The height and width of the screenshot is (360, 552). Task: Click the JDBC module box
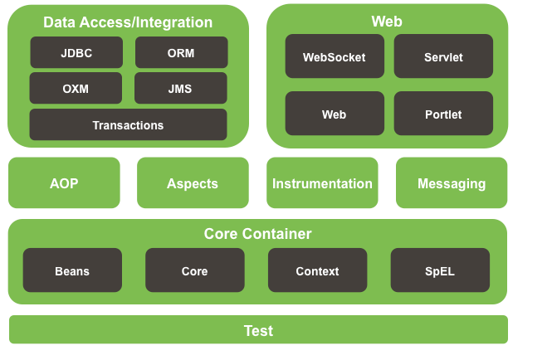tap(76, 52)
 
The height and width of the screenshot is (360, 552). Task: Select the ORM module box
tap(181, 52)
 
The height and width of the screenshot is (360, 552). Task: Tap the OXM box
tap(76, 88)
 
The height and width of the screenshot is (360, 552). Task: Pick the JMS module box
tap(181, 88)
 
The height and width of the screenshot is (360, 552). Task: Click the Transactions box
tap(128, 124)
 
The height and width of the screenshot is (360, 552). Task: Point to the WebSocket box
tap(334, 56)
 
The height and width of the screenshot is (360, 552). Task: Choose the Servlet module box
tap(443, 56)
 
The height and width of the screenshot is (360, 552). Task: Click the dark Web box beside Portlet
tap(334, 114)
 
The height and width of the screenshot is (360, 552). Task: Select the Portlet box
tap(443, 114)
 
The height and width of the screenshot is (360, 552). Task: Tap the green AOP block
tap(64, 183)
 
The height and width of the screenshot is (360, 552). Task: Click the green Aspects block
tap(193, 183)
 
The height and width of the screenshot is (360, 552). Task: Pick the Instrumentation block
tap(322, 183)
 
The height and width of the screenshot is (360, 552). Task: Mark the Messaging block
tap(452, 183)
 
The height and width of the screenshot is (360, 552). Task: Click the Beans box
tap(72, 270)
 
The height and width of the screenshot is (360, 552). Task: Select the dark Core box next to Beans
tap(194, 270)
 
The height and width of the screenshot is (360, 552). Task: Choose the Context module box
tap(317, 270)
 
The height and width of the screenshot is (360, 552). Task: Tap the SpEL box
tap(440, 270)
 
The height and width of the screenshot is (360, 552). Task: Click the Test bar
tap(258, 330)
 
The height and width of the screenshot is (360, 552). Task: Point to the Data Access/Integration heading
tap(128, 22)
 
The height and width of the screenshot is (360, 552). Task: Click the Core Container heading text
tap(258, 234)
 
